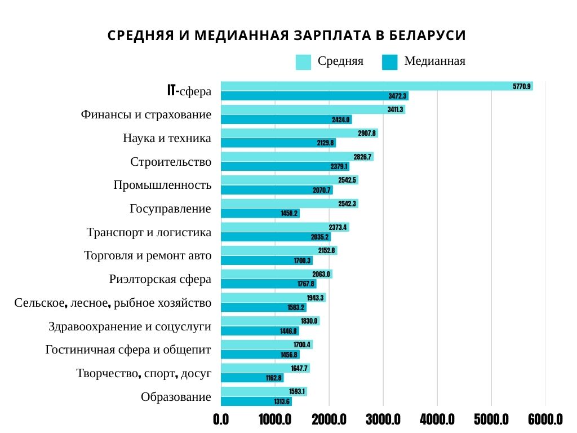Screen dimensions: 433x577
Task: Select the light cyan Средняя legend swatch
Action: tap(303, 62)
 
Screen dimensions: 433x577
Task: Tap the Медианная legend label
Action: tap(434, 61)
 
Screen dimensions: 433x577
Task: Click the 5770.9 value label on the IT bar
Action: tap(521, 86)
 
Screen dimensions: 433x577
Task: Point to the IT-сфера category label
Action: tap(189, 91)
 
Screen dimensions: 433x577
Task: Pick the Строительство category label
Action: tap(171, 162)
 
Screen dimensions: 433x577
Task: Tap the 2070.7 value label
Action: tap(322, 190)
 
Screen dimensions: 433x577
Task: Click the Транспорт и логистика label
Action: tap(149, 232)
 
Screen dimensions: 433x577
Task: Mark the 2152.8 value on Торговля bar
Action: tap(326, 250)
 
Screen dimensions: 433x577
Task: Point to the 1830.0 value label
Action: tap(309, 321)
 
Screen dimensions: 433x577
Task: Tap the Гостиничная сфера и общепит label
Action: tap(128, 350)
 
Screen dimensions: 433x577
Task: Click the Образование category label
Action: tap(176, 397)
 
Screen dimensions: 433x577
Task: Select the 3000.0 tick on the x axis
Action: tap(383, 420)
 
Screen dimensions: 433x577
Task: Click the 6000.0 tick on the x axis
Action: tap(545, 420)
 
